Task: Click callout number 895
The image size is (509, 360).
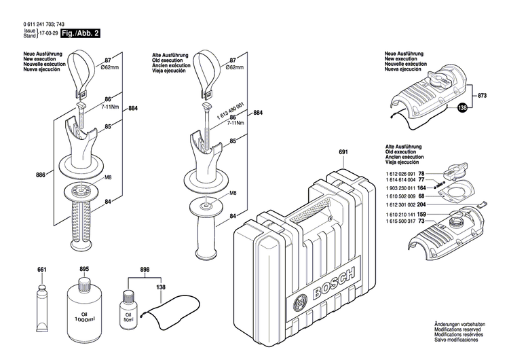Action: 85,270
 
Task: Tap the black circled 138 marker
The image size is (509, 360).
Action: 462,107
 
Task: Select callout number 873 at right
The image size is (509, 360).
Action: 483,96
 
